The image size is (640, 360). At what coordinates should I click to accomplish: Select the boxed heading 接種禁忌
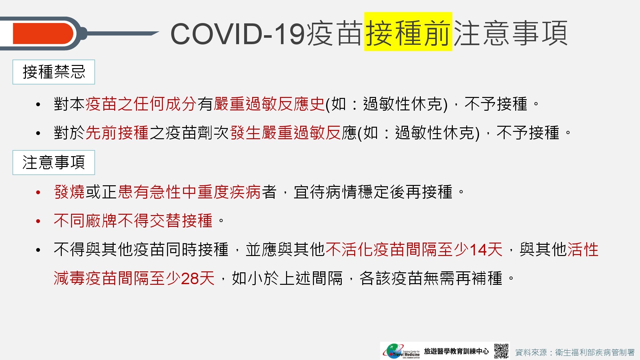[x=54, y=72]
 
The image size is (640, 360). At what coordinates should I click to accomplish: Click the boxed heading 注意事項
[x=54, y=163]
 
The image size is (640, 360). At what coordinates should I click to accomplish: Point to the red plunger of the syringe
[x=43, y=33]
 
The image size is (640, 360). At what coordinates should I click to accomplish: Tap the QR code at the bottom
[x=501, y=351]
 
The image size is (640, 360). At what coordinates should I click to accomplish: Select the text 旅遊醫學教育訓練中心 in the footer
[x=456, y=351]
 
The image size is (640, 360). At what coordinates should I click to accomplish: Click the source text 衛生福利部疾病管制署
[x=595, y=352]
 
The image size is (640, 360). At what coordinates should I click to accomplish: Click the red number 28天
[x=198, y=278]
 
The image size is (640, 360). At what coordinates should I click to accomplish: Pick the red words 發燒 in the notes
[x=69, y=192]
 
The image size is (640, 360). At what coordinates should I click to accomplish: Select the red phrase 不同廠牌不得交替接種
[x=133, y=221]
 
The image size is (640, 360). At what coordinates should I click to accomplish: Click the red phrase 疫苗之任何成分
[x=141, y=104]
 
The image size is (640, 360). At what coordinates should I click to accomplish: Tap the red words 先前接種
[x=117, y=133]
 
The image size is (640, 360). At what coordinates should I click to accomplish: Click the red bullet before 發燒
[x=38, y=193]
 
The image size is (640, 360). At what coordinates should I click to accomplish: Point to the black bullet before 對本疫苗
[x=38, y=105]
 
